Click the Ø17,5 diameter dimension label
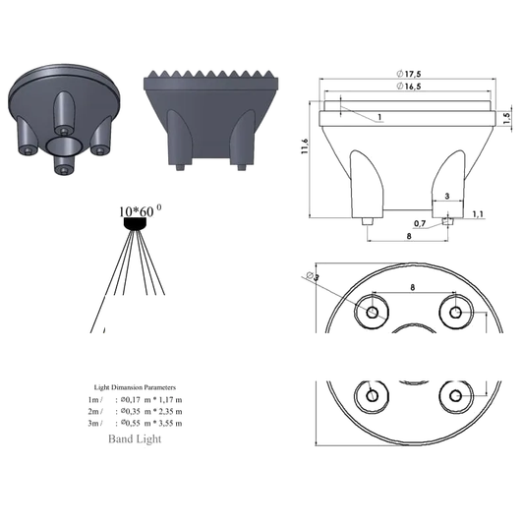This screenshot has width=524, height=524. coord(408,74)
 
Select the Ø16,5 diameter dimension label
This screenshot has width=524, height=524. coord(408,87)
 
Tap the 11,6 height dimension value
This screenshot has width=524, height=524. coord(305,146)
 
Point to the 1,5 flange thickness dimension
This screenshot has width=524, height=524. coord(507,119)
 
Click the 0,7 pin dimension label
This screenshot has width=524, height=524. coord(420,223)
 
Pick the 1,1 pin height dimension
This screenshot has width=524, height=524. coord(478,214)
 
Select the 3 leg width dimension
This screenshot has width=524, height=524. coord(447,197)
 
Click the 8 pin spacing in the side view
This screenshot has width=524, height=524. coord(409,236)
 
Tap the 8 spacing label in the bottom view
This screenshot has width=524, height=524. coord(412,287)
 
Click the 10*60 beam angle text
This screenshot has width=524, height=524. coord(137,211)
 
